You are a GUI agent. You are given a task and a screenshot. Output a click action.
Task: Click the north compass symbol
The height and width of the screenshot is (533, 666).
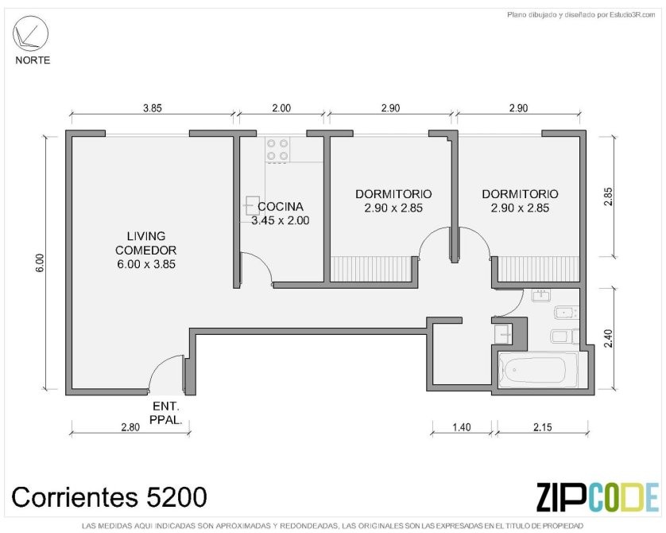[30, 33]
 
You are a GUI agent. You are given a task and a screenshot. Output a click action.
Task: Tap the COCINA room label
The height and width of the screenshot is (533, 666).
[281, 207]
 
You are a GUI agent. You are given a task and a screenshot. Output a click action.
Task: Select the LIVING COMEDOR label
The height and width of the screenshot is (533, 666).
[145, 243]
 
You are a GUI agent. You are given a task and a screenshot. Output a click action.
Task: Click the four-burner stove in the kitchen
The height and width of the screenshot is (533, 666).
[278, 150]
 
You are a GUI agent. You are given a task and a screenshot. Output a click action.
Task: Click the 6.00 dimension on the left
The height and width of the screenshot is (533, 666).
[40, 263]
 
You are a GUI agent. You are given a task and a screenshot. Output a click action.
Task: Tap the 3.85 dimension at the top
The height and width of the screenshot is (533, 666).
[152, 108]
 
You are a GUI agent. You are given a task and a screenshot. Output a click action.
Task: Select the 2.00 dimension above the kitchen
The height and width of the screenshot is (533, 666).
[281, 108]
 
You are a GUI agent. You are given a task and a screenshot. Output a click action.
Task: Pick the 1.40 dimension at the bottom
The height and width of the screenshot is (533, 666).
[461, 426]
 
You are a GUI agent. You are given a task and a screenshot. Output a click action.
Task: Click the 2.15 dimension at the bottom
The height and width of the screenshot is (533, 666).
[543, 426]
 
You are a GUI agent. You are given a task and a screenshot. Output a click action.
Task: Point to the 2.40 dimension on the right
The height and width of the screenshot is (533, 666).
[608, 338]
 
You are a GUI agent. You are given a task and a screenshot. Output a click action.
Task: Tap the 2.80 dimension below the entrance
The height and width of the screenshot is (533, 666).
[130, 426]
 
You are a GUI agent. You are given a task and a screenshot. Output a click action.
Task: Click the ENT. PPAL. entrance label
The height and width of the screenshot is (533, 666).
[165, 413]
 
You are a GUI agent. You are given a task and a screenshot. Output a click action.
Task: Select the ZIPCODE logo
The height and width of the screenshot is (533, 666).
[597, 496]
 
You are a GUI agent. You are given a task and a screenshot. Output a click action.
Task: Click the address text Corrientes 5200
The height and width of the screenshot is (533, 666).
[109, 496]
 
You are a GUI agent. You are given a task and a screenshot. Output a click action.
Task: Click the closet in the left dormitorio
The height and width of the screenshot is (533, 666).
[371, 269]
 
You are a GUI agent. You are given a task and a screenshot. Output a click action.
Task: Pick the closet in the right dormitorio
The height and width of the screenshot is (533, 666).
[538, 269]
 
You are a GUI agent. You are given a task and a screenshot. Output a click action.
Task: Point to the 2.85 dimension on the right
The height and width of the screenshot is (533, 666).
[608, 196]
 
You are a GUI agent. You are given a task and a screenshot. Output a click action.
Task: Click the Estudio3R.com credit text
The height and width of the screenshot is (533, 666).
[581, 15]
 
